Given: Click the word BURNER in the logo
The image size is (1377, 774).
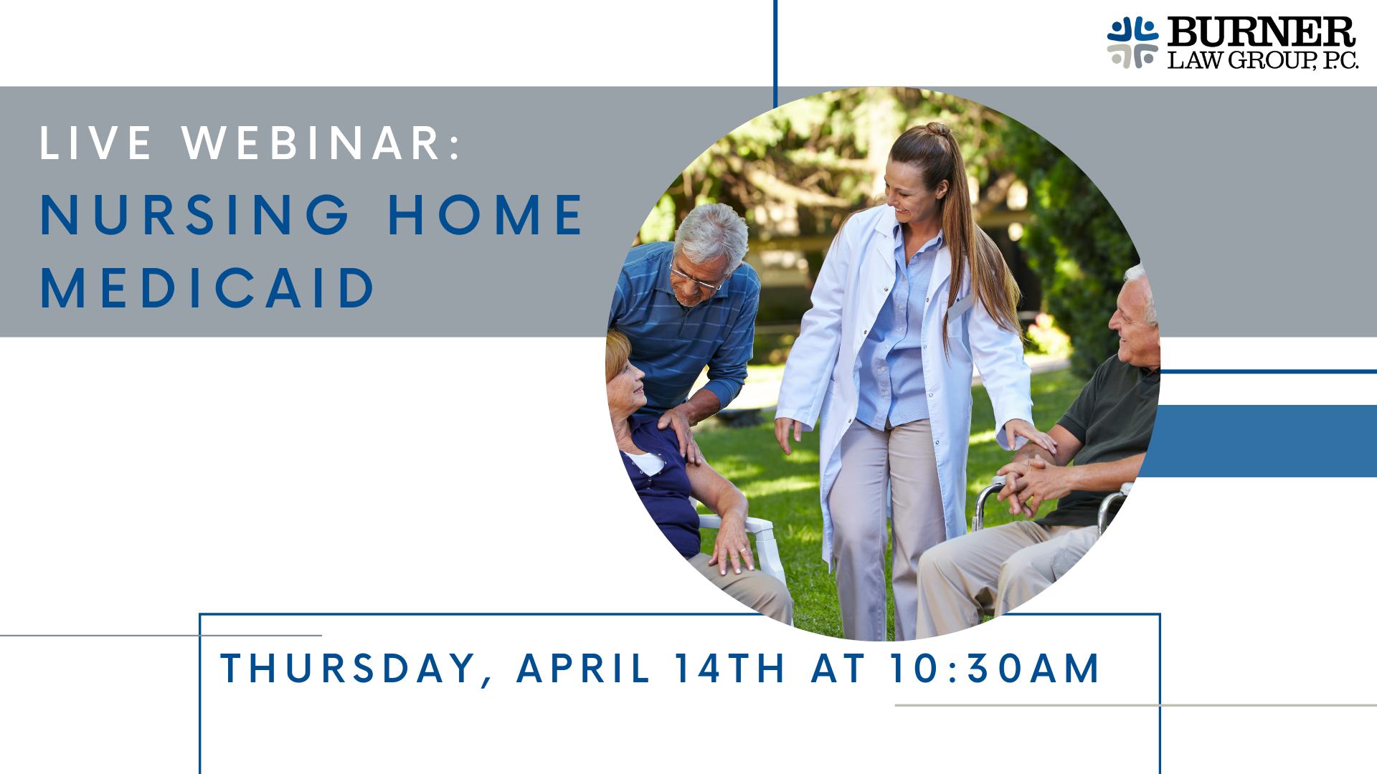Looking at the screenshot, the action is (x=1261, y=32).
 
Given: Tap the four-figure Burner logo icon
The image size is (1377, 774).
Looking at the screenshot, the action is (x=1132, y=43).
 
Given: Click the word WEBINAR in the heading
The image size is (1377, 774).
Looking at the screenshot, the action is (x=312, y=143).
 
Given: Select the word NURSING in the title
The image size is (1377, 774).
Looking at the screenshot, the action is (x=194, y=215).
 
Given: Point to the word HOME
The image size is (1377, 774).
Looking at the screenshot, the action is (x=486, y=215).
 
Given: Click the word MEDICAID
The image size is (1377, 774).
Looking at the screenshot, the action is (x=207, y=288).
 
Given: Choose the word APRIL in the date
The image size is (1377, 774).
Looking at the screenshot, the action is (x=583, y=669).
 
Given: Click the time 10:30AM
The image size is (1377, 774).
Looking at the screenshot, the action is (x=995, y=669).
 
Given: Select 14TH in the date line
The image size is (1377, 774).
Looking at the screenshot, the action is (x=730, y=669).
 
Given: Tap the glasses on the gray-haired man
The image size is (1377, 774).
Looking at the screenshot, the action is (x=694, y=277).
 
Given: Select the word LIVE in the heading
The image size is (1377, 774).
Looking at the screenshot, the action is (x=95, y=143).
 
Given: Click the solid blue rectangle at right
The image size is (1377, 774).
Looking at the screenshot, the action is (x=1259, y=441).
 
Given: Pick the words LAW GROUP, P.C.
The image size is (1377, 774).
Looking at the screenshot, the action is (x=1263, y=60).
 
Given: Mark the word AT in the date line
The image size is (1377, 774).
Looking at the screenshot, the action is (x=838, y=669).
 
